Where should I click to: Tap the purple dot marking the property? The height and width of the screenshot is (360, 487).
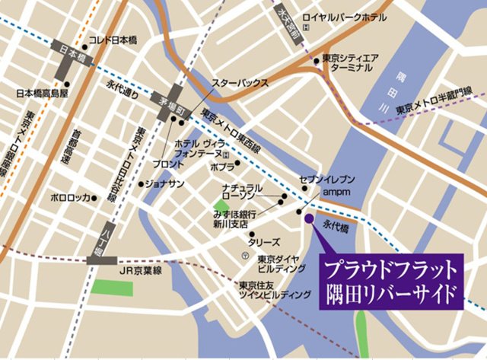pos(309,218)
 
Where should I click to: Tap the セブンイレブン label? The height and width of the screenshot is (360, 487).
pos(328,179)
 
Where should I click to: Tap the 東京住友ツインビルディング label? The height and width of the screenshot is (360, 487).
pos(264,290)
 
